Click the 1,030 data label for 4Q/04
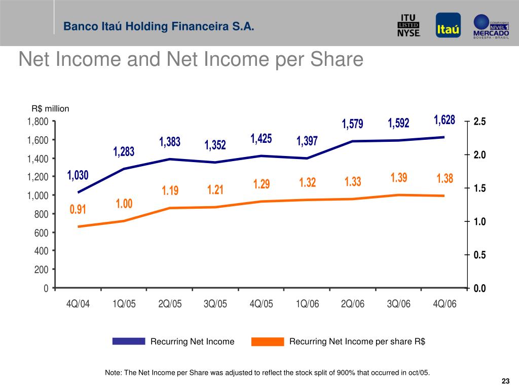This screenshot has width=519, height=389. (x=78, y=176)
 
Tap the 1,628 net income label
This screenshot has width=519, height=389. (x=444, y=121)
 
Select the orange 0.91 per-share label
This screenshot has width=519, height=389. (x=78, y=209)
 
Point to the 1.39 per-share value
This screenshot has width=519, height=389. (x=399, y=178)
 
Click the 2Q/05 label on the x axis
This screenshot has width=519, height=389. (x=170, y=304)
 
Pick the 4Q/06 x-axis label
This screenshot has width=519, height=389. (x=445, y=304)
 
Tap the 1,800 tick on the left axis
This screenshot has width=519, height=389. (x=38, y=122)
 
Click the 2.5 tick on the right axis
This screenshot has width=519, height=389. (x=479, y=122)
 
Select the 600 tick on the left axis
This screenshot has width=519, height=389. (x=42, y=232)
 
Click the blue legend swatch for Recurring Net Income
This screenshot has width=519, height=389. (x=129, y=341)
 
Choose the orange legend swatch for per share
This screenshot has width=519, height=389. (x=268, y=341)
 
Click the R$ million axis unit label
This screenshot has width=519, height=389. (x=50, y=109)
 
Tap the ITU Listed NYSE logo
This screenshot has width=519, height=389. (x=409, y=25)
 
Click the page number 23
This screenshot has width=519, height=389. (x=505, y=381)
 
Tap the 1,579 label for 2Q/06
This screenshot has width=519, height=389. (x=353, y=124)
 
